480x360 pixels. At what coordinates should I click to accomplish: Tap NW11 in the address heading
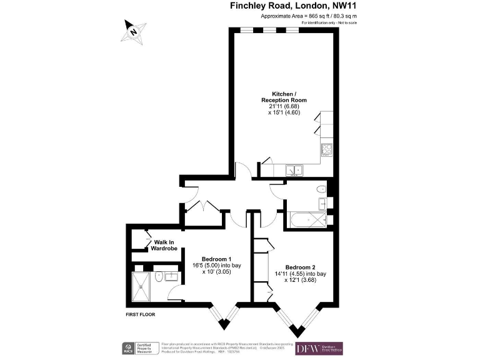tap(361, 7)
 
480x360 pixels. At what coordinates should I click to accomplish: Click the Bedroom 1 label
tap(216, 259)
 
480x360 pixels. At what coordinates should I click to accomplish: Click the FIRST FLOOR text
tap(139, 314)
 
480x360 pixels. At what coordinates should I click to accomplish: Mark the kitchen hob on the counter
tap(326, 150)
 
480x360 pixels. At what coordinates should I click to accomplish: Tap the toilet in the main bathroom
tap(321, 189)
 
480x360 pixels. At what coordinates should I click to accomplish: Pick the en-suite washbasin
tap(167, 275)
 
